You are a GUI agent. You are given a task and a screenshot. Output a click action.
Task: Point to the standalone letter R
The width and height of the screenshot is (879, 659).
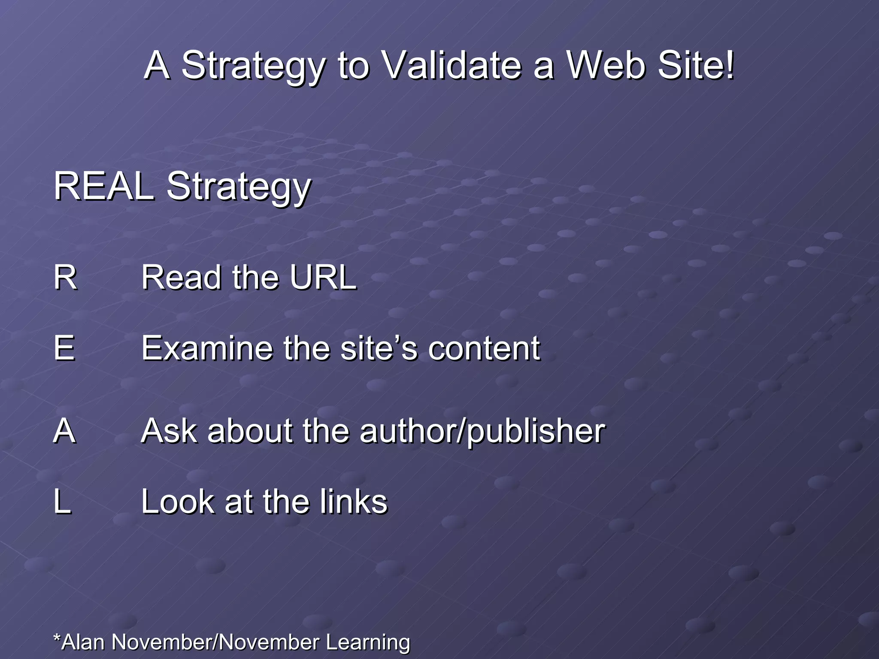(x=65, y=278)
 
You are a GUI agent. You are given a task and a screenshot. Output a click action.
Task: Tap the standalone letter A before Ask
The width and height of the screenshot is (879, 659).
(x=65, y=431)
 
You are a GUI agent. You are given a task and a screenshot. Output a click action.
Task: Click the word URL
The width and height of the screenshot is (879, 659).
(x=323, y=278)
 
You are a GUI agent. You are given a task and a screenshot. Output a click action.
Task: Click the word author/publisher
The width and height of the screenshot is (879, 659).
(x=482, y=432)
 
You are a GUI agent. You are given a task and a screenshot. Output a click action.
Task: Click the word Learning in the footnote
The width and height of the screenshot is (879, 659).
(x=367, y=643)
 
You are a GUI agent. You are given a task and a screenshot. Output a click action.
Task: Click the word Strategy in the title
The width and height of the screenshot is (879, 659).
(x=253, y=67)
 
